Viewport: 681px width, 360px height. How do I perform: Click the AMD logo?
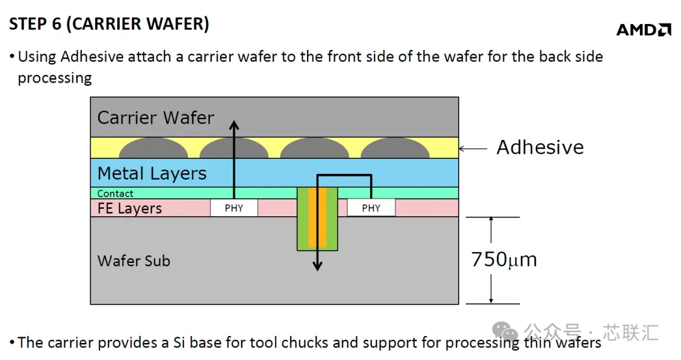(644, 30)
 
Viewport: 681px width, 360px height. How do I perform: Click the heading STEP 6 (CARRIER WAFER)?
(109, 24)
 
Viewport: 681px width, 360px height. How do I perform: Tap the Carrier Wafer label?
(156, 118)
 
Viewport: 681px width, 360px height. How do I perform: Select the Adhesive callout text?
(540, 147)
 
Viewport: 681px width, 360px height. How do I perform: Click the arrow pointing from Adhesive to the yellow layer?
(473, 149)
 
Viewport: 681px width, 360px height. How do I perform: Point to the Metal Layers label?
(151, 173)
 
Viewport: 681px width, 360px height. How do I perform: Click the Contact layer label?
(115, 194)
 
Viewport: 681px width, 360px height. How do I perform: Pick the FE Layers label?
(129, 209)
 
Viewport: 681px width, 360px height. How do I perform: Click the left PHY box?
(234, 208)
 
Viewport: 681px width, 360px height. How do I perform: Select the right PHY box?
(371, 208)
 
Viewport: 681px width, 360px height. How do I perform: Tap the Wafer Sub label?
(134, 261)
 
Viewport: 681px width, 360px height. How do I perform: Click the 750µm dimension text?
(504, 259)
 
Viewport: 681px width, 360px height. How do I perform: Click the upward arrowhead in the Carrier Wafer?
(234, 125)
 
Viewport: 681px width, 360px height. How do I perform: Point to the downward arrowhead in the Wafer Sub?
(317, 266)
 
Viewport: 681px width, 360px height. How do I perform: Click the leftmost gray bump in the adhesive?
(153, 148)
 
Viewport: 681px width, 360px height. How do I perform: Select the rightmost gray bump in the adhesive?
(395, 148)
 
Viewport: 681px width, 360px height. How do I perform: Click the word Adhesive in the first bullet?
(92, 57)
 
